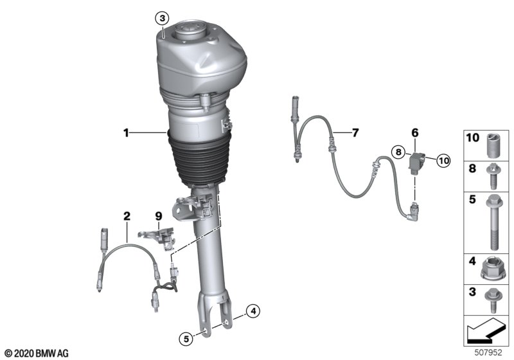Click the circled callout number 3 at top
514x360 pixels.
pos(163,19)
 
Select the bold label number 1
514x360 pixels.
pos(126,133)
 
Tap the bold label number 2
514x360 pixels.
pos(127,216)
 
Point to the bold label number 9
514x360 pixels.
pos(158,216)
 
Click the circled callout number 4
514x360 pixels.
pos(253,310)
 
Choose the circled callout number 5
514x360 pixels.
pos(186,338)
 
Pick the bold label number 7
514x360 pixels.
pos(355,133)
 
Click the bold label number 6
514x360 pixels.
pos(415,133)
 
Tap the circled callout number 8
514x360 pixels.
pos(398,152)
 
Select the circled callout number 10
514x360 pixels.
pos(443,161)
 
